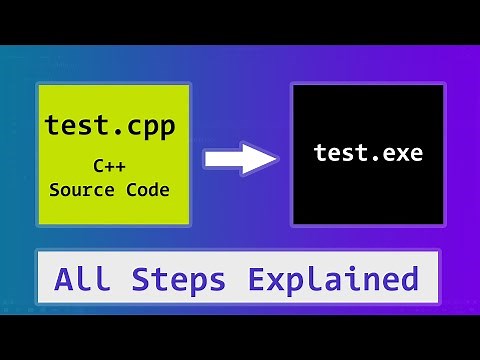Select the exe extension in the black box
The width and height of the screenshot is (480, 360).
[x=402, y=153]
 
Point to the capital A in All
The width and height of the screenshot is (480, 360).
[x=66, y=278]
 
